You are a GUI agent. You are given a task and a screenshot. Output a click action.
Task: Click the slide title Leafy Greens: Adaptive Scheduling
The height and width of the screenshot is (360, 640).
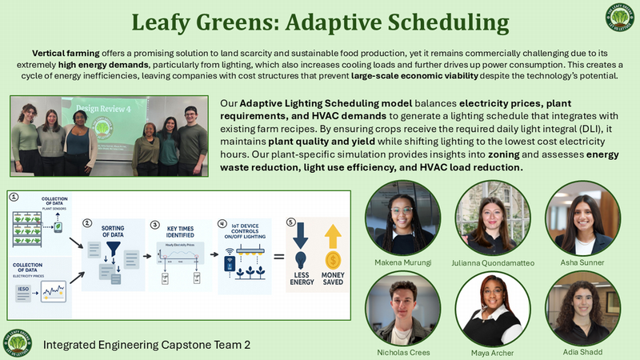[x=320, y=22]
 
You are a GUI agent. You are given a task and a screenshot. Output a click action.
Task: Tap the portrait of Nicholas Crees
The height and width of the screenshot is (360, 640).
[x=397, y=308]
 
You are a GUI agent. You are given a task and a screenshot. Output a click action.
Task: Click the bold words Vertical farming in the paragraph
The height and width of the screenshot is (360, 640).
[x=63, y=50]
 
